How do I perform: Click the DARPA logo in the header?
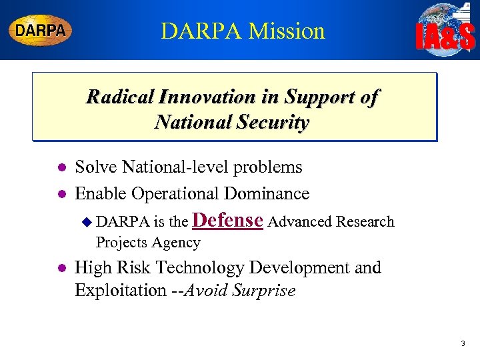pos(40,31)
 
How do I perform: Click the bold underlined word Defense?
pos(229,220)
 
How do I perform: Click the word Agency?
pos(176,243)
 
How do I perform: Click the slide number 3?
pos(463,343)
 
